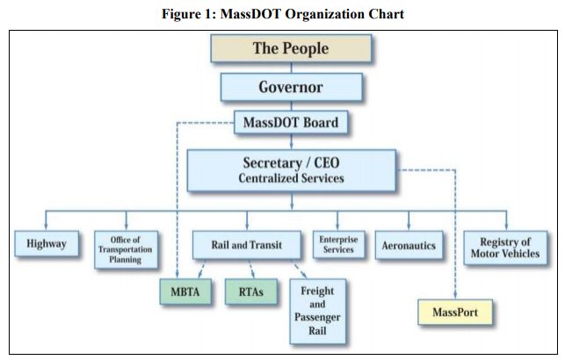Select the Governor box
(290, 87)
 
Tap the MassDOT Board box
(290, 123)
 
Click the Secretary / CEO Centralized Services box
(290, 170)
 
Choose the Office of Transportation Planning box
(126, 248)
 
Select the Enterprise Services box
(337, 245)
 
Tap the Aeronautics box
(407, 245)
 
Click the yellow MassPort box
(453, 312)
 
